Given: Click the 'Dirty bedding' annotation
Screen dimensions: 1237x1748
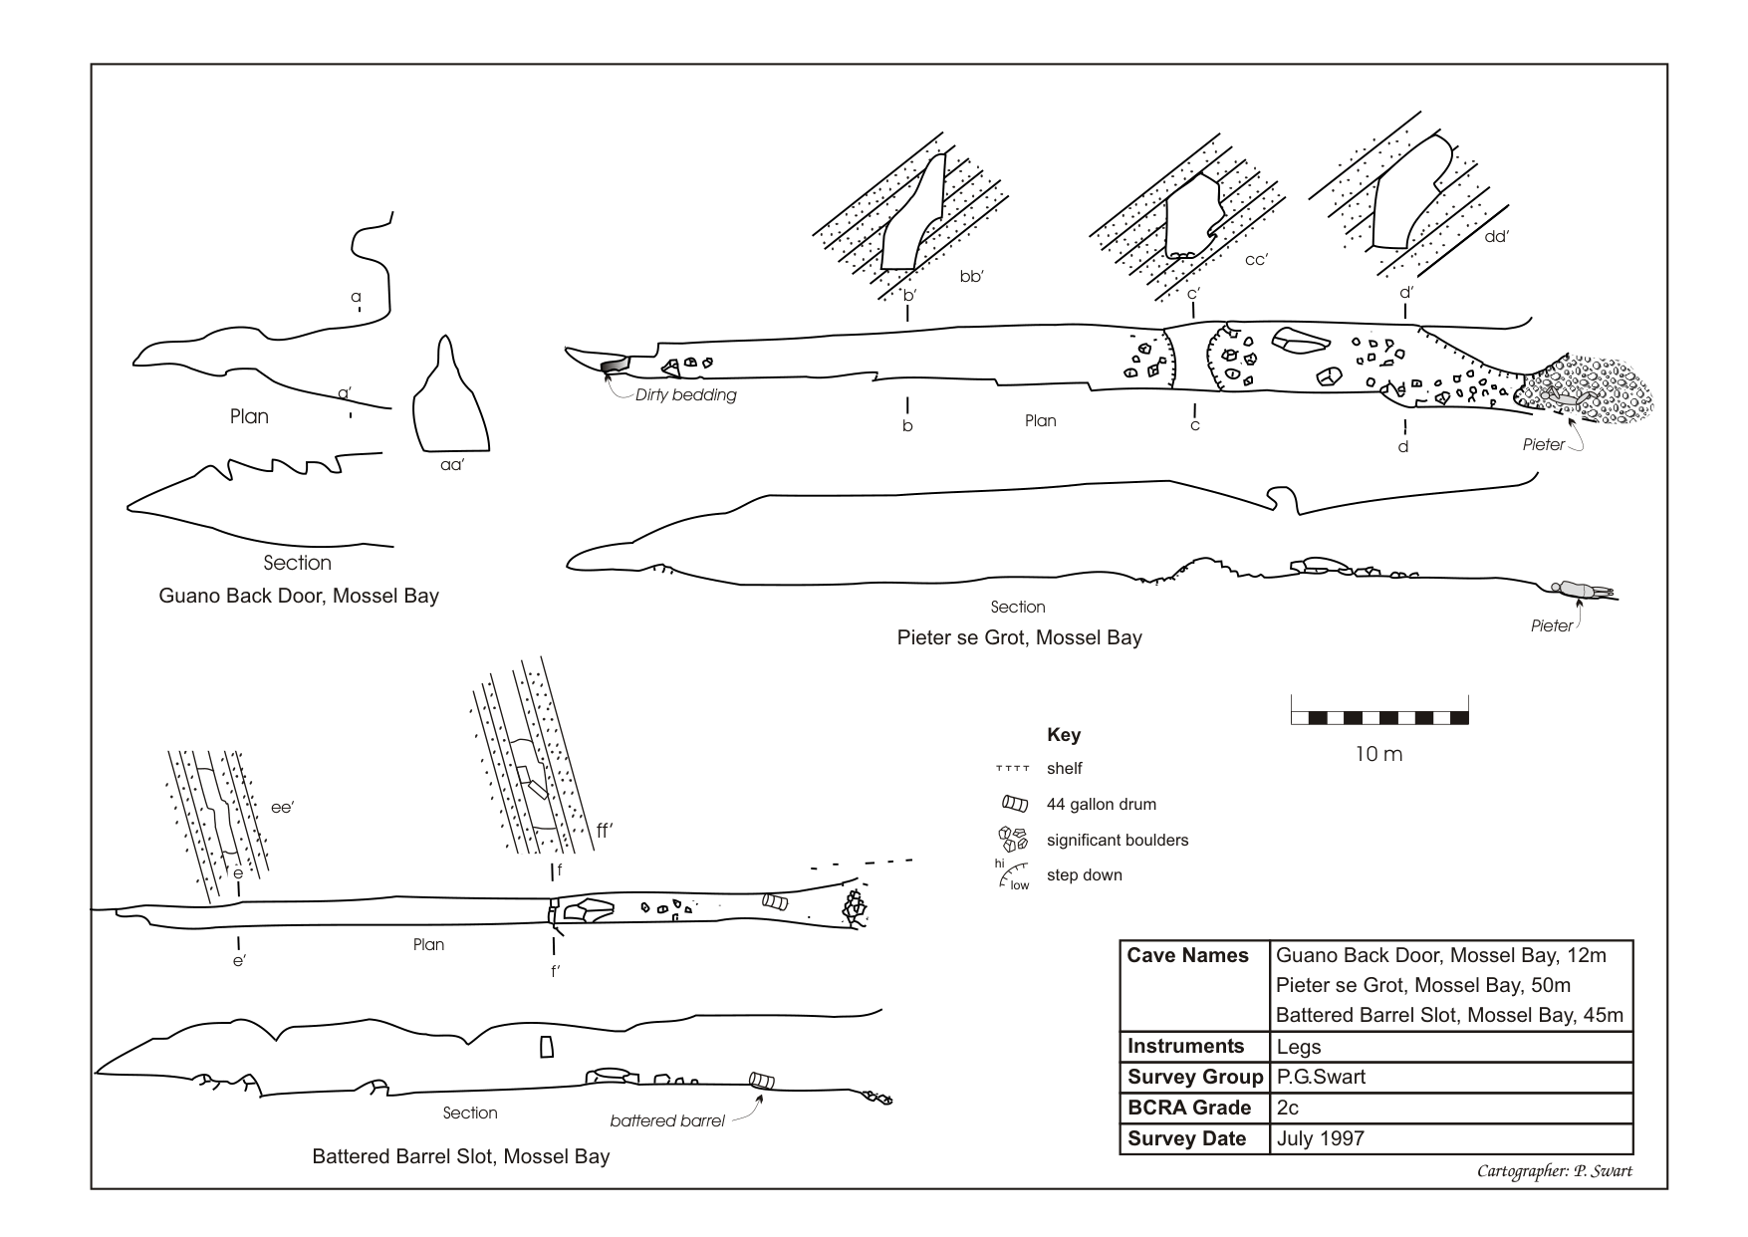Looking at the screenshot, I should click(685, 395).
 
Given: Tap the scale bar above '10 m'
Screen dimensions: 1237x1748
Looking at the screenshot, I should click(1379, 717).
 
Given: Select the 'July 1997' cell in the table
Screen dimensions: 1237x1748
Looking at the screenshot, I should click(1320, 1138).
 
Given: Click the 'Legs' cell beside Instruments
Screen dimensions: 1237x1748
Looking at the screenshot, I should click(1299, 1047).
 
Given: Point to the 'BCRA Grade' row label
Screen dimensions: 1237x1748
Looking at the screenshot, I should click(1189, 1108).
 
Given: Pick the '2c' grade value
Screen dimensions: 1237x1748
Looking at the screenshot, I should click(1287, 1108).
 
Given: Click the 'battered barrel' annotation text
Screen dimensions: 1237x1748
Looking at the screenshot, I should click(667, 1121).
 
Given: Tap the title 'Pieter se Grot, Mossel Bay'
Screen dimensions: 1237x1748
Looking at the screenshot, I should click(1019, 637).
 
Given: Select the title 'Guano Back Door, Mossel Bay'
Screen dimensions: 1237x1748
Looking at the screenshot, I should click(299, 597).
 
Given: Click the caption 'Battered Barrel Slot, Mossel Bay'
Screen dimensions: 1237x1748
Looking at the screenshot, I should click(460, 1157).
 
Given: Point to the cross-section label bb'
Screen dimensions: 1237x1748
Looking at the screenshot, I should click(971, 277).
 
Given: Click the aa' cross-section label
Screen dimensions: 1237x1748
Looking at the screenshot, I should click(452, 464).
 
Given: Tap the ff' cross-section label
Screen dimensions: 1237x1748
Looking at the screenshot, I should click(603, 831).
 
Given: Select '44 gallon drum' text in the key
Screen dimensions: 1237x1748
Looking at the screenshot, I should click(1101, 805).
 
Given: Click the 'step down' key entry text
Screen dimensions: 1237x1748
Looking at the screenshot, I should click(1084, 875).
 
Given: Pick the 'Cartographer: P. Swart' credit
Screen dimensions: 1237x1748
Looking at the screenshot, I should click(1554, 1172).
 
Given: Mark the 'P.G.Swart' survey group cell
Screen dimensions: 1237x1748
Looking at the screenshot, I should click(1321, 1078).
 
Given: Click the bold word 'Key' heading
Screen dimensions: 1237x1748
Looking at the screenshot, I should click(1064, 735).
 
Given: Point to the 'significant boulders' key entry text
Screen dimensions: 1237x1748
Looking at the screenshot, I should click(1117, 841).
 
